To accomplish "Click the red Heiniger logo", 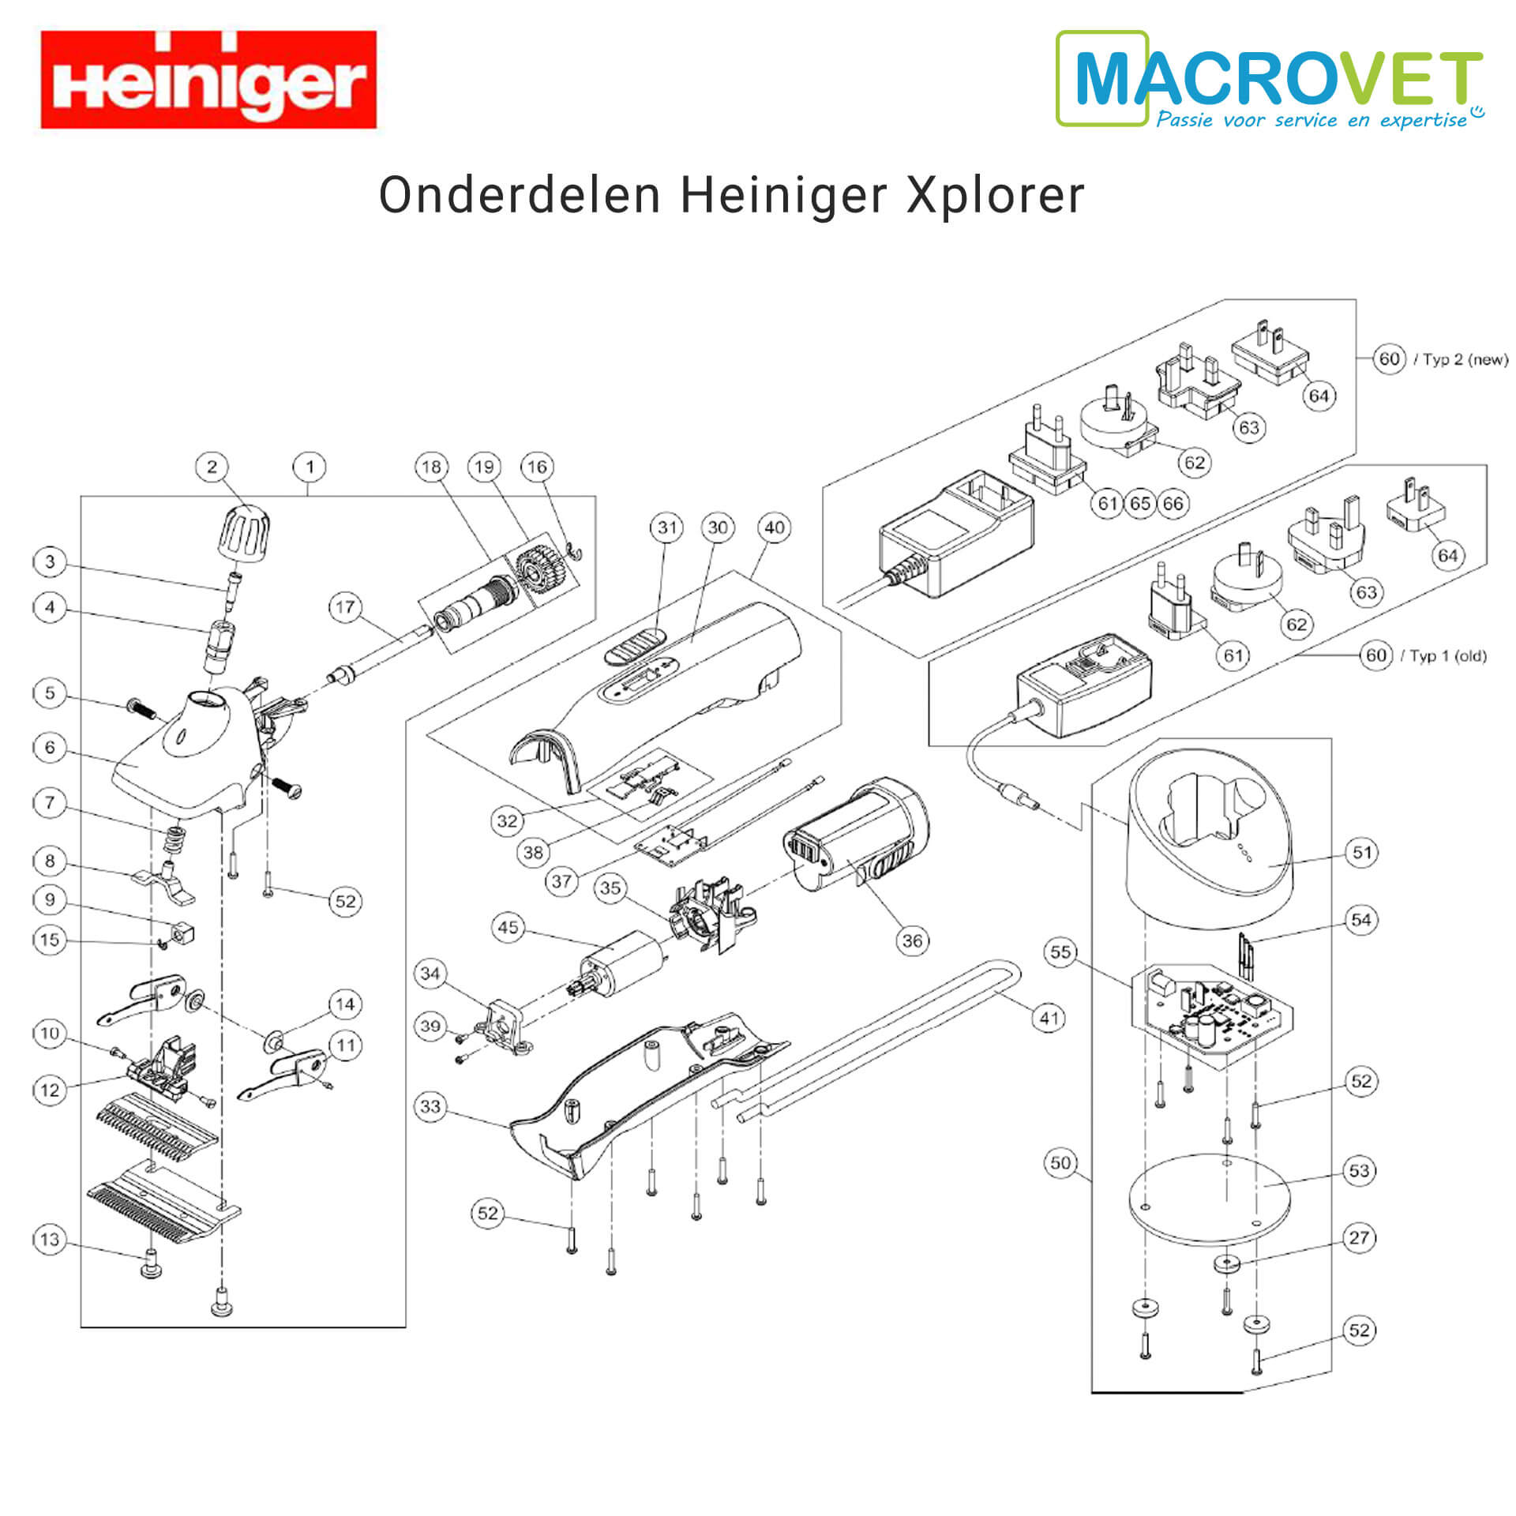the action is pyautogui.click(x=208, y=79).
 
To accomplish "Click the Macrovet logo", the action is pyautogui.click(x=1270, y=79).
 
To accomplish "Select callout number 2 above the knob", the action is pyautogui.click(x=212, y=467).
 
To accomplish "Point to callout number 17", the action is pyautogui.click(x=345, y=607).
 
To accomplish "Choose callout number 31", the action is pyautogui.click(x=667, y=527).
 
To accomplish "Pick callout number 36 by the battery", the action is pyautogui.click(x=912, y=940).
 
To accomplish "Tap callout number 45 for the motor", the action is pyautogui.click(x=508, y=927).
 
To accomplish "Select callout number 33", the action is pyautogui.click(x=430, y=1106).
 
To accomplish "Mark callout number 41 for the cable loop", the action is pyautogui.click(x=1049, y=1018).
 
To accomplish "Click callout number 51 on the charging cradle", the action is pyautogui.click(x=1362, y=852).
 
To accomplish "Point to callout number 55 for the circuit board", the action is pyautogui.click(x=1060, y=952).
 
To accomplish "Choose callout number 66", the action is pyautogui.click(x=1173, y=503).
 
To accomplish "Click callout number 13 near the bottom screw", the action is pyautogui.click(x=49, y=1239).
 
